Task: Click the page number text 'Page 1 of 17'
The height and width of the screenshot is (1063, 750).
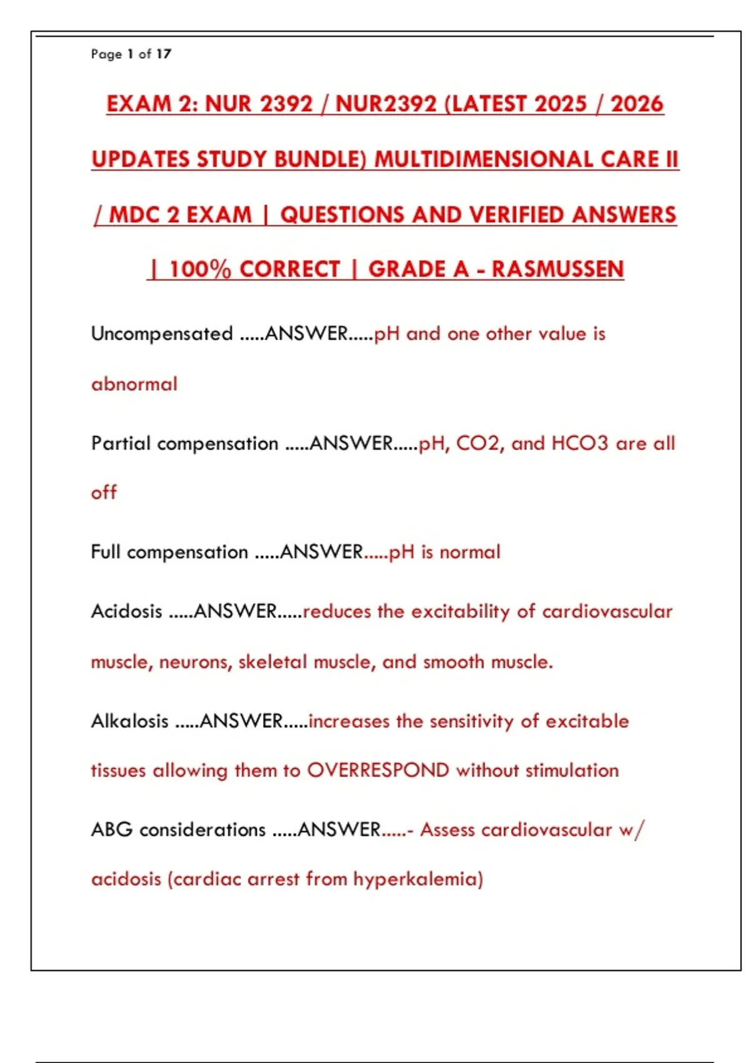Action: coord(131,54)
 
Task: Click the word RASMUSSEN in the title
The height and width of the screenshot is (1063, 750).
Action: coord(557,269)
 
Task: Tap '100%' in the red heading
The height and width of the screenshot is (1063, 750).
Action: coord(200,269)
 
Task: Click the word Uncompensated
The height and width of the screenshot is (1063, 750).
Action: coord(162,334)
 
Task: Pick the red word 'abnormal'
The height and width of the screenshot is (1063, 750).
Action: coord(134,383)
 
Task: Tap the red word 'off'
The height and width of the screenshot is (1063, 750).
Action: coord(104,493)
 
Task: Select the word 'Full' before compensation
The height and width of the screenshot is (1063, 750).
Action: coord(105,552)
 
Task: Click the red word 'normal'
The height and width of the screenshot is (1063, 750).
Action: coord(470,552)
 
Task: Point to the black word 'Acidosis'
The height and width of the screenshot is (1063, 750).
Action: coord(126,611)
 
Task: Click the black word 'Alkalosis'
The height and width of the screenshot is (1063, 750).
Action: coord(129,721)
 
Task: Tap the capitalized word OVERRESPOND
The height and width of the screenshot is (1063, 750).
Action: coord(377,770)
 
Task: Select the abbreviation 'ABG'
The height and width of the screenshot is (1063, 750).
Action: coord(112,830)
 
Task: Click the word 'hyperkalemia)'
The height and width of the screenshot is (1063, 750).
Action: coord(418,879)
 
